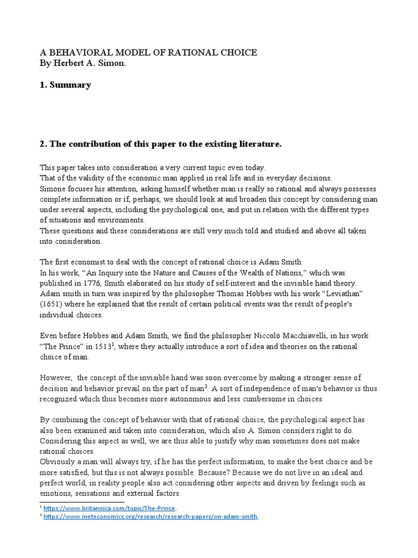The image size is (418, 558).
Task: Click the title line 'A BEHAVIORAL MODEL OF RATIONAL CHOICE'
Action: coord(148,52)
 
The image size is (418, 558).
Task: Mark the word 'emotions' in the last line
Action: coord(56,494)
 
